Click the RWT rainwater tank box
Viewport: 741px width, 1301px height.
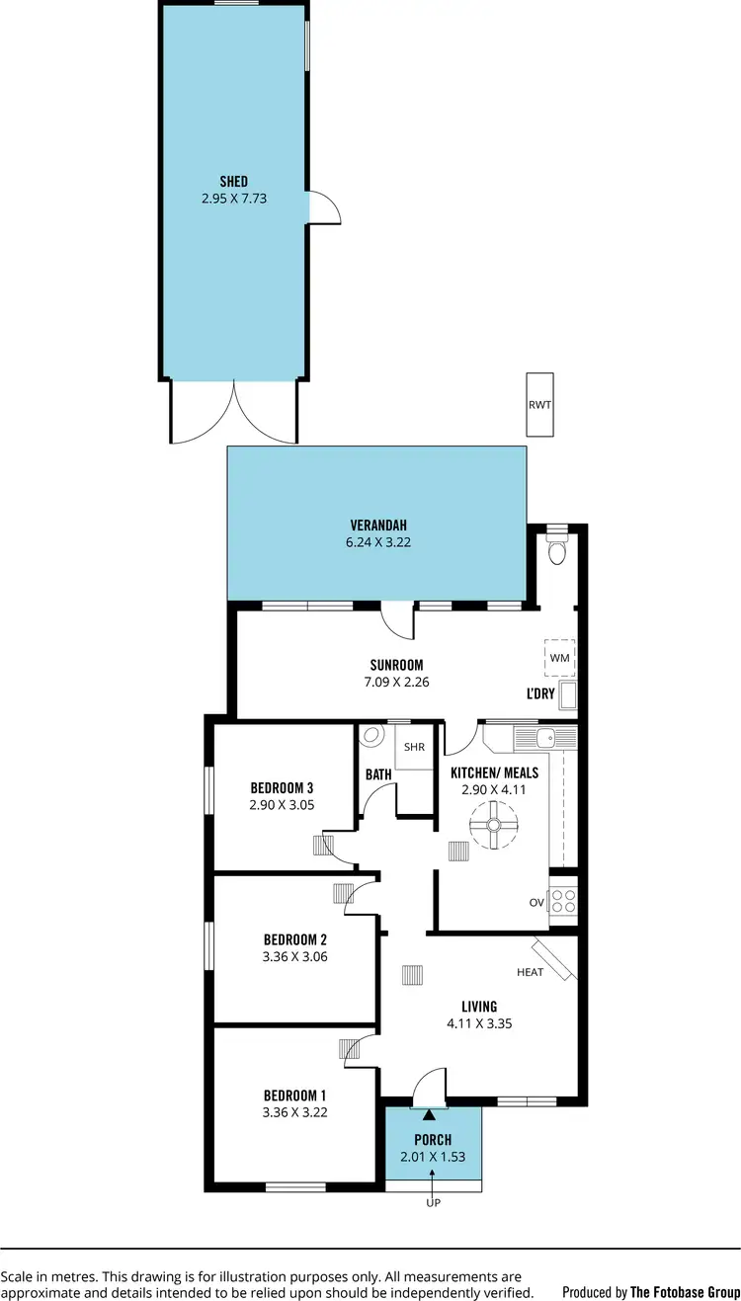click(540, 405)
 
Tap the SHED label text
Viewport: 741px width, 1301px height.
click(234, 181)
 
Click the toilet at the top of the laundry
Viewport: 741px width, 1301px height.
click(557, 549)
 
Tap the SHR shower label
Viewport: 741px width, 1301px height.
click(414, 748)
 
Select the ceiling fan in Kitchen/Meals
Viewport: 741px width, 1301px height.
click(493, 824)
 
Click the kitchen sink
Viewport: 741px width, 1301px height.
click(544, 737)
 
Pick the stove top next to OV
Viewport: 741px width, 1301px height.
click(563, 901)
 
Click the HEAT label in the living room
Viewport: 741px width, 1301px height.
click(531, 972)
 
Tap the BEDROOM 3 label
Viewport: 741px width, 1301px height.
click(282, 787)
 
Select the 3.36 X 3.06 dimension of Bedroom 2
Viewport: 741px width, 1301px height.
click(294, 956)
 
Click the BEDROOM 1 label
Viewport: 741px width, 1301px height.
click(294, 1095)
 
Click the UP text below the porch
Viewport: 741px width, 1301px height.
click(432, 1204)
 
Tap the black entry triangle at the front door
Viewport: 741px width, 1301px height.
click(429, 1115)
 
